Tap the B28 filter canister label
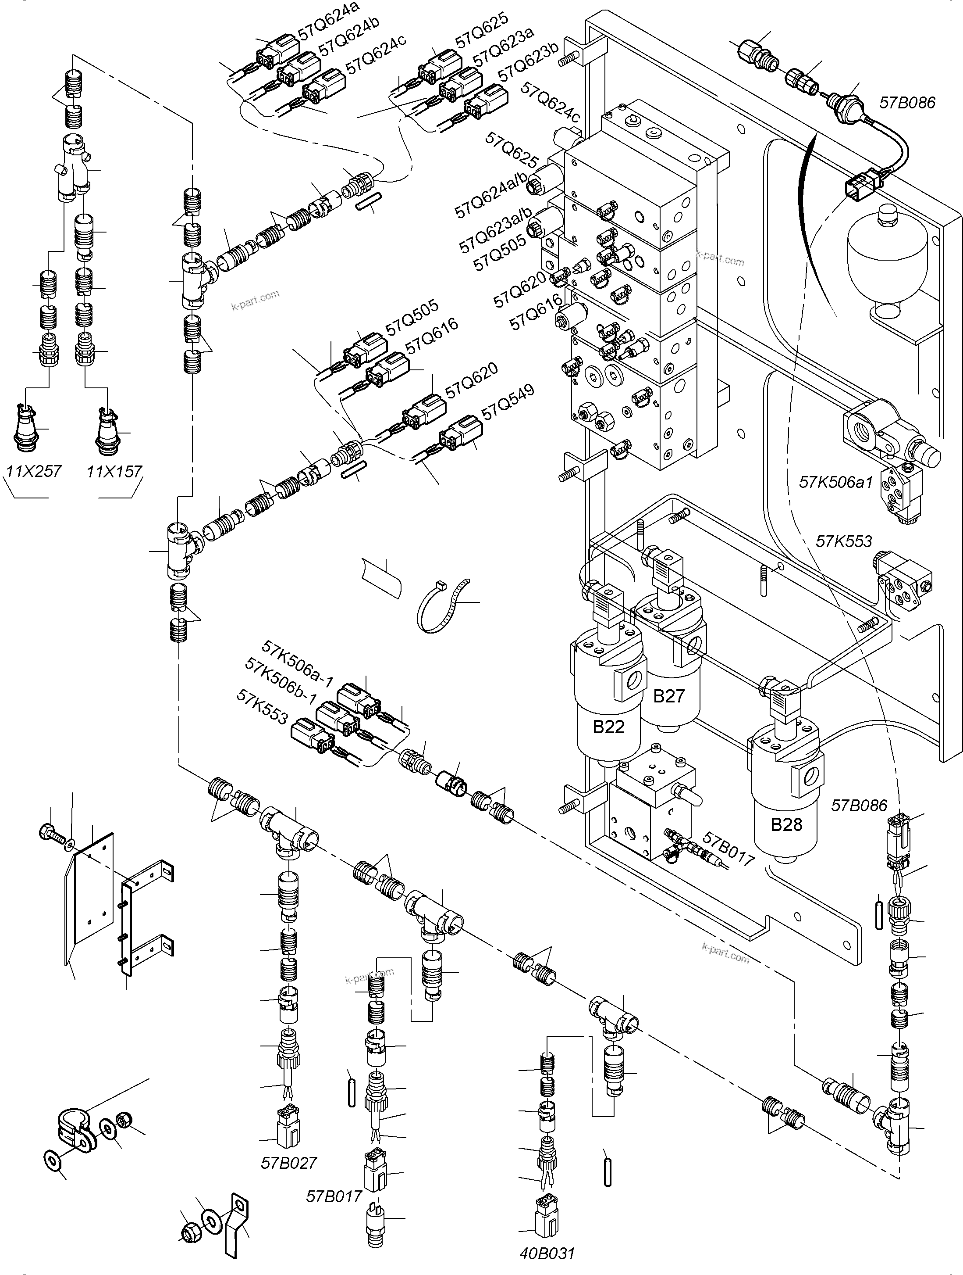point(786,825)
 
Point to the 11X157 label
point(114,472)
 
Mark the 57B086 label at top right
point(907,103)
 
